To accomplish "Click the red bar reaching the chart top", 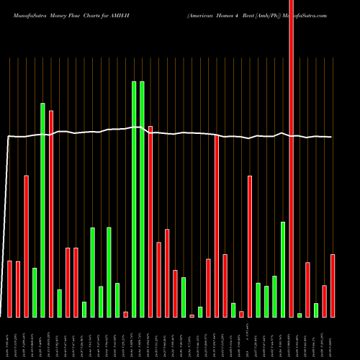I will [291, 158].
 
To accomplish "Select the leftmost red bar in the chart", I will [10, 289].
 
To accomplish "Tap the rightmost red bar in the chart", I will [333, 286].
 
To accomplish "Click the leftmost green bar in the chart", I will [35, 292].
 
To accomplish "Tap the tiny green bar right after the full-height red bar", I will [300, 315].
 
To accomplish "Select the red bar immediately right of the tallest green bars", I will [150, 222].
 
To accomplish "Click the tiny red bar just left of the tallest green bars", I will [125, 314].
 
